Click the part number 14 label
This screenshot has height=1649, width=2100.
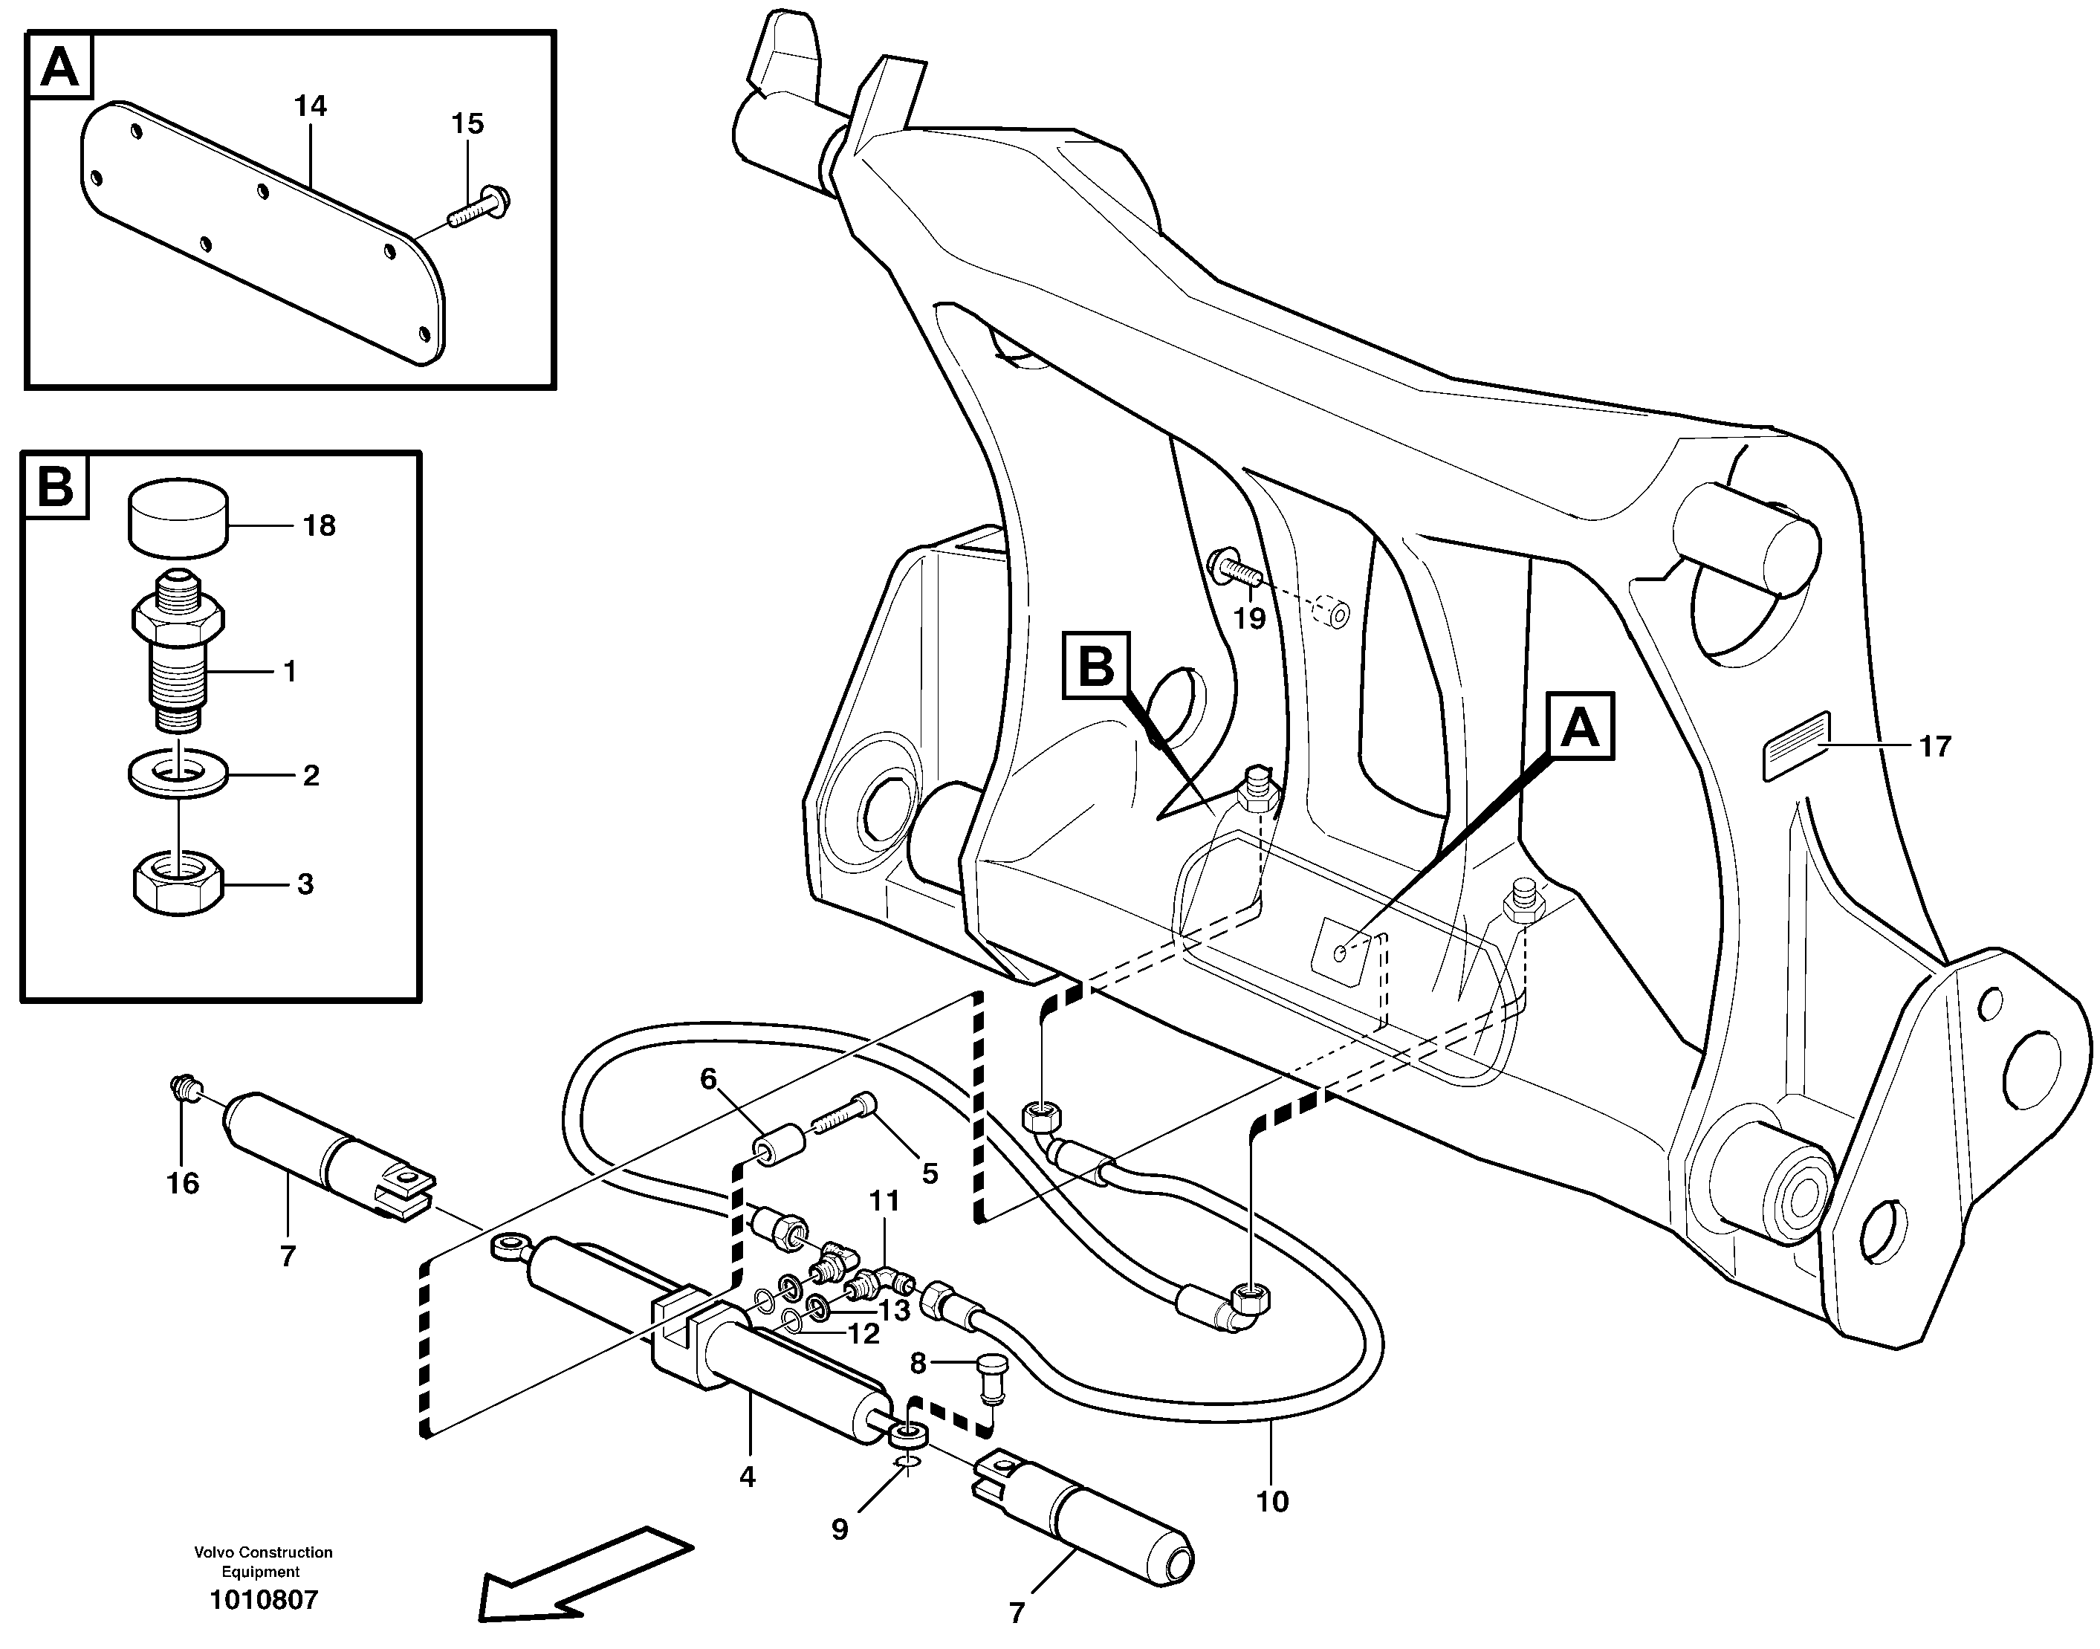coord(310,106)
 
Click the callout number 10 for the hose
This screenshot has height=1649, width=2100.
coord(1271,1500)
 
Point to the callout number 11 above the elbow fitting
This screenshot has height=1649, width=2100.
coord(884,1201)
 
